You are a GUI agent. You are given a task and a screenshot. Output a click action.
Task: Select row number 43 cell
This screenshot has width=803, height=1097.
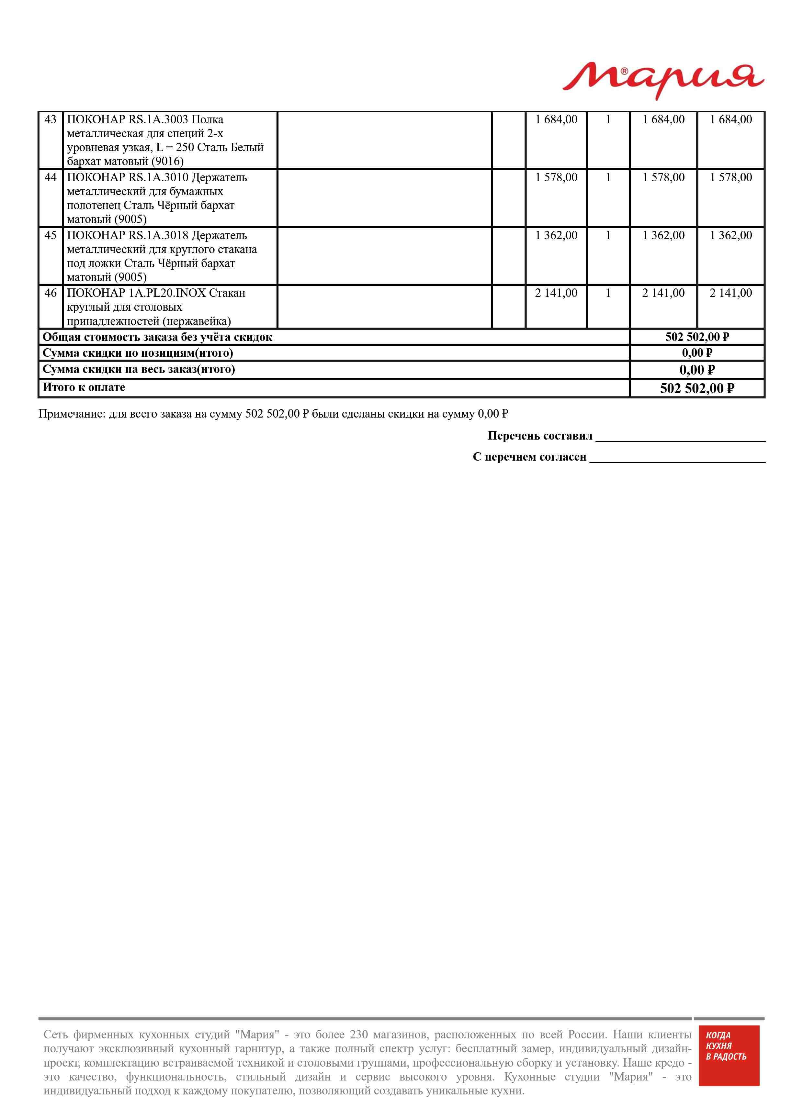click(x=51, y=119)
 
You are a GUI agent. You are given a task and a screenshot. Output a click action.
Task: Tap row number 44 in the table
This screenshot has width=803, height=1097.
click(x=51, y=177)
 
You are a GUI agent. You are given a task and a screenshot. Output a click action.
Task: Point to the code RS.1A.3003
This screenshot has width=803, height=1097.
click(x=158, y=119)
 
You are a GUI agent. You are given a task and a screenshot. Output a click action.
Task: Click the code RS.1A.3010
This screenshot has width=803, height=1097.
click(x=158, y=177)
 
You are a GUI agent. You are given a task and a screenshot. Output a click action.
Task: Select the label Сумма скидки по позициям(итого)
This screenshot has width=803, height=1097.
click(x=138, y=353)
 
